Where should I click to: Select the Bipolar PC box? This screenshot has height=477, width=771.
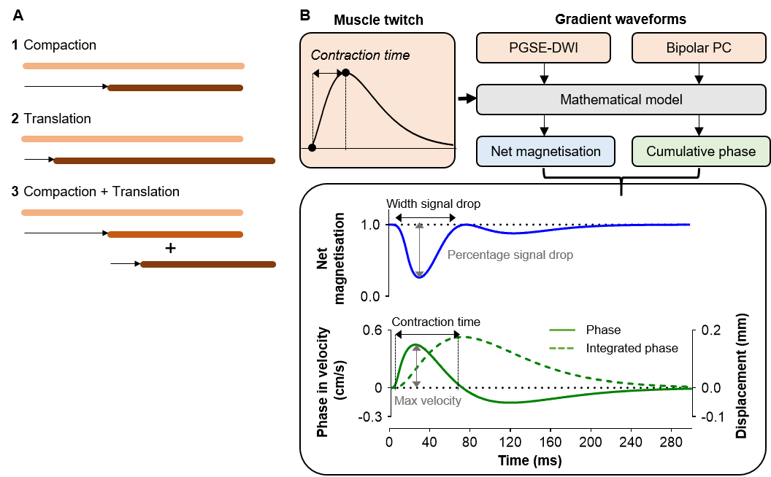(x=699, y=48)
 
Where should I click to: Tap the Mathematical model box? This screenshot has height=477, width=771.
(x=621, y=99)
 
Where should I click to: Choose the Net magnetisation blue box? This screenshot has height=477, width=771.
(x=545, y=152)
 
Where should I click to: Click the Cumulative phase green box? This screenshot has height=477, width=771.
(x=701, y=152)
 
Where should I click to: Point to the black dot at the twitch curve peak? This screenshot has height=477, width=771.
(x=345, y=73)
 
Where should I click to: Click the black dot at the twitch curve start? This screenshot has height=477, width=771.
(x=312, y=147)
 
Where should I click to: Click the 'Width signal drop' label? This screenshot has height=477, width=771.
(x=433, y=203)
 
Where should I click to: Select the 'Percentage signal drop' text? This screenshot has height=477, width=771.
(x=510, y=255)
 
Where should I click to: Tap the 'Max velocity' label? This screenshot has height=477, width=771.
(x=428, y=400)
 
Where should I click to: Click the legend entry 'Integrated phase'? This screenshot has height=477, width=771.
(x=632, y=348)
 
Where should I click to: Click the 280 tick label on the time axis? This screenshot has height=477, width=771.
(x=670, y=442)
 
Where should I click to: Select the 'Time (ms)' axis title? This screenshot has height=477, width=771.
(x=529, y=461)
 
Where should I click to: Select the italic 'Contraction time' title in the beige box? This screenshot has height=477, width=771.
(x=360, y=55)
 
